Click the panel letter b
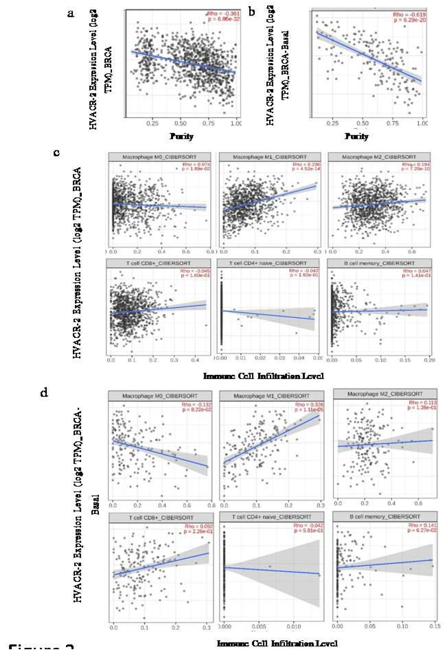coord(251,12)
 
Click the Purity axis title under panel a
coord(181,137)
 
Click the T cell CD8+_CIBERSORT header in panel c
coord(158,263)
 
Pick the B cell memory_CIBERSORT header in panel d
coord(385,517)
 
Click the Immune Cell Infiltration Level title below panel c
coord(263,376)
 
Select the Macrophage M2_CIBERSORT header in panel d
coord(385,394)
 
